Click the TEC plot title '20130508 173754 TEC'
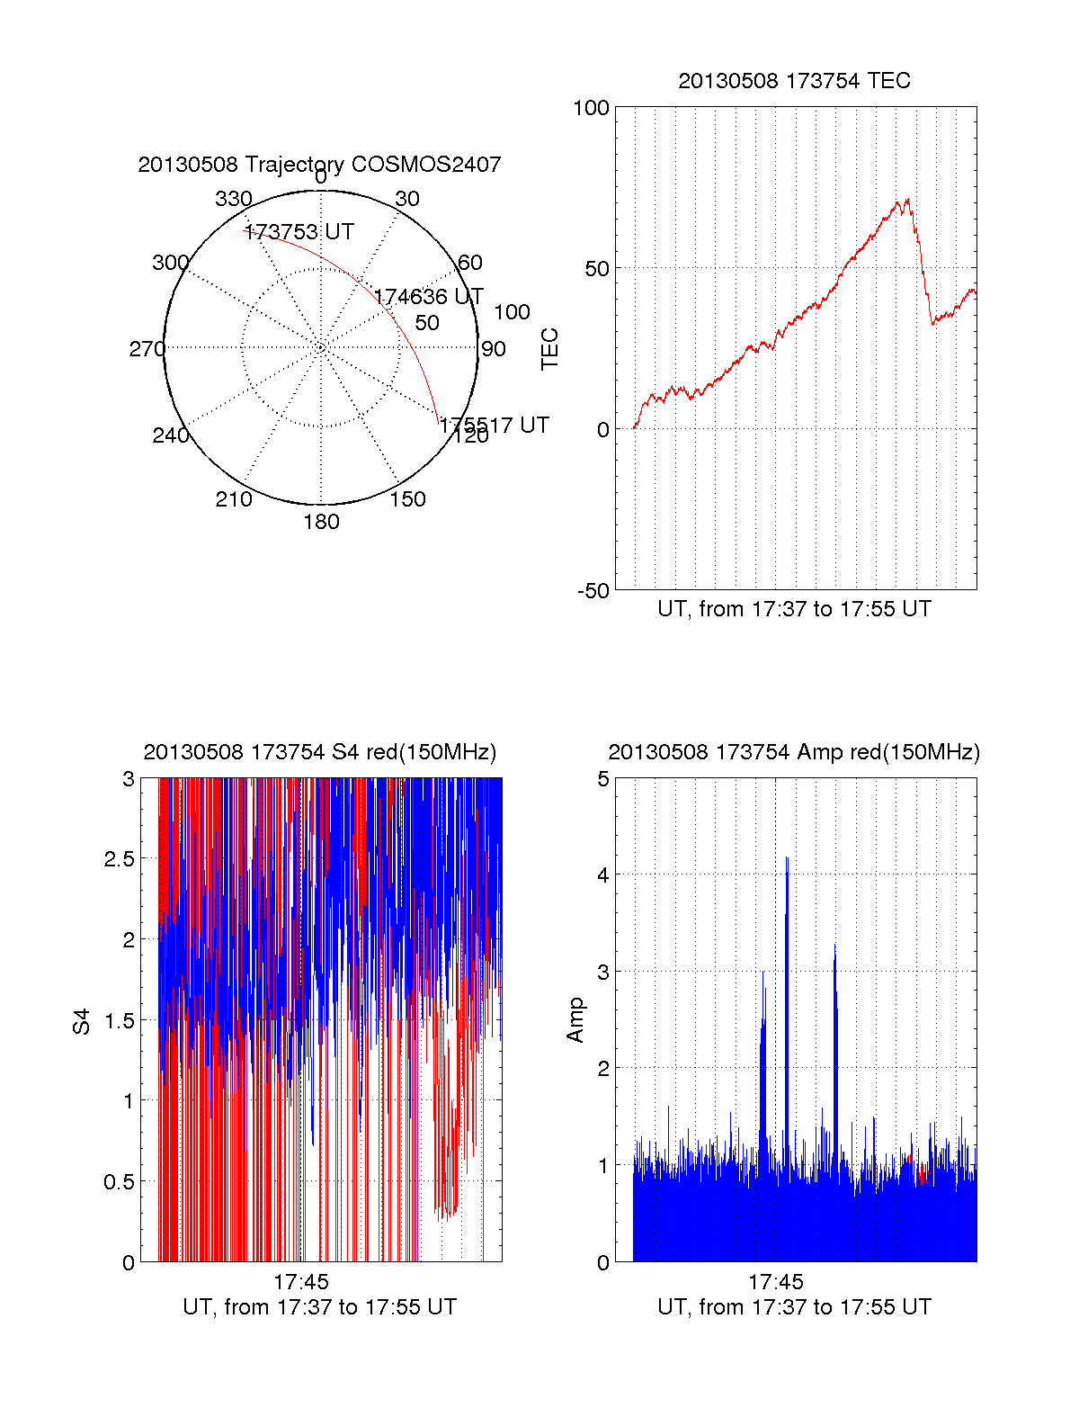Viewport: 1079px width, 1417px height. click(794, 81)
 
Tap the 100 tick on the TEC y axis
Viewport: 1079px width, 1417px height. click(591, 108)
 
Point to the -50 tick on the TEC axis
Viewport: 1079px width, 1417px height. click(593, 590)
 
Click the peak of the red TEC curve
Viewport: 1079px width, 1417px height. click(907, 200)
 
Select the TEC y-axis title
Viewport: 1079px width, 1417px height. click(549, 348)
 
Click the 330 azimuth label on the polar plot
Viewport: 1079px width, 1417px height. click(234, 199)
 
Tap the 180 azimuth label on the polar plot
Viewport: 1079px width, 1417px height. click(321, 522)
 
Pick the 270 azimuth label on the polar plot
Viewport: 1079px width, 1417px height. click(147, 349)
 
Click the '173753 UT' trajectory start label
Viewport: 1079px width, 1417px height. click(299, 232)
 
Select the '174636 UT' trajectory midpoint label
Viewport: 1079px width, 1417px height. click(429, 297)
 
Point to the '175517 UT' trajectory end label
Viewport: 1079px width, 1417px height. click(495, 425)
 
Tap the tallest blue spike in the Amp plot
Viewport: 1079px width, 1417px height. click(787, 859)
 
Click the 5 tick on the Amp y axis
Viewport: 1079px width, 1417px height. click(603, 778)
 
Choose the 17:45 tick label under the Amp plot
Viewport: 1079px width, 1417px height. click(775, 1282)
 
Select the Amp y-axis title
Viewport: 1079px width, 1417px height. click(575, 1019)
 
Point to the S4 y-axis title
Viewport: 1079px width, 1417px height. click(82, 1021)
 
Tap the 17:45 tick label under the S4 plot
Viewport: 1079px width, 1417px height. click(301, 1282)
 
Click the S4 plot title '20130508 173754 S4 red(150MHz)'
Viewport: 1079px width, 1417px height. click(319, 752)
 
